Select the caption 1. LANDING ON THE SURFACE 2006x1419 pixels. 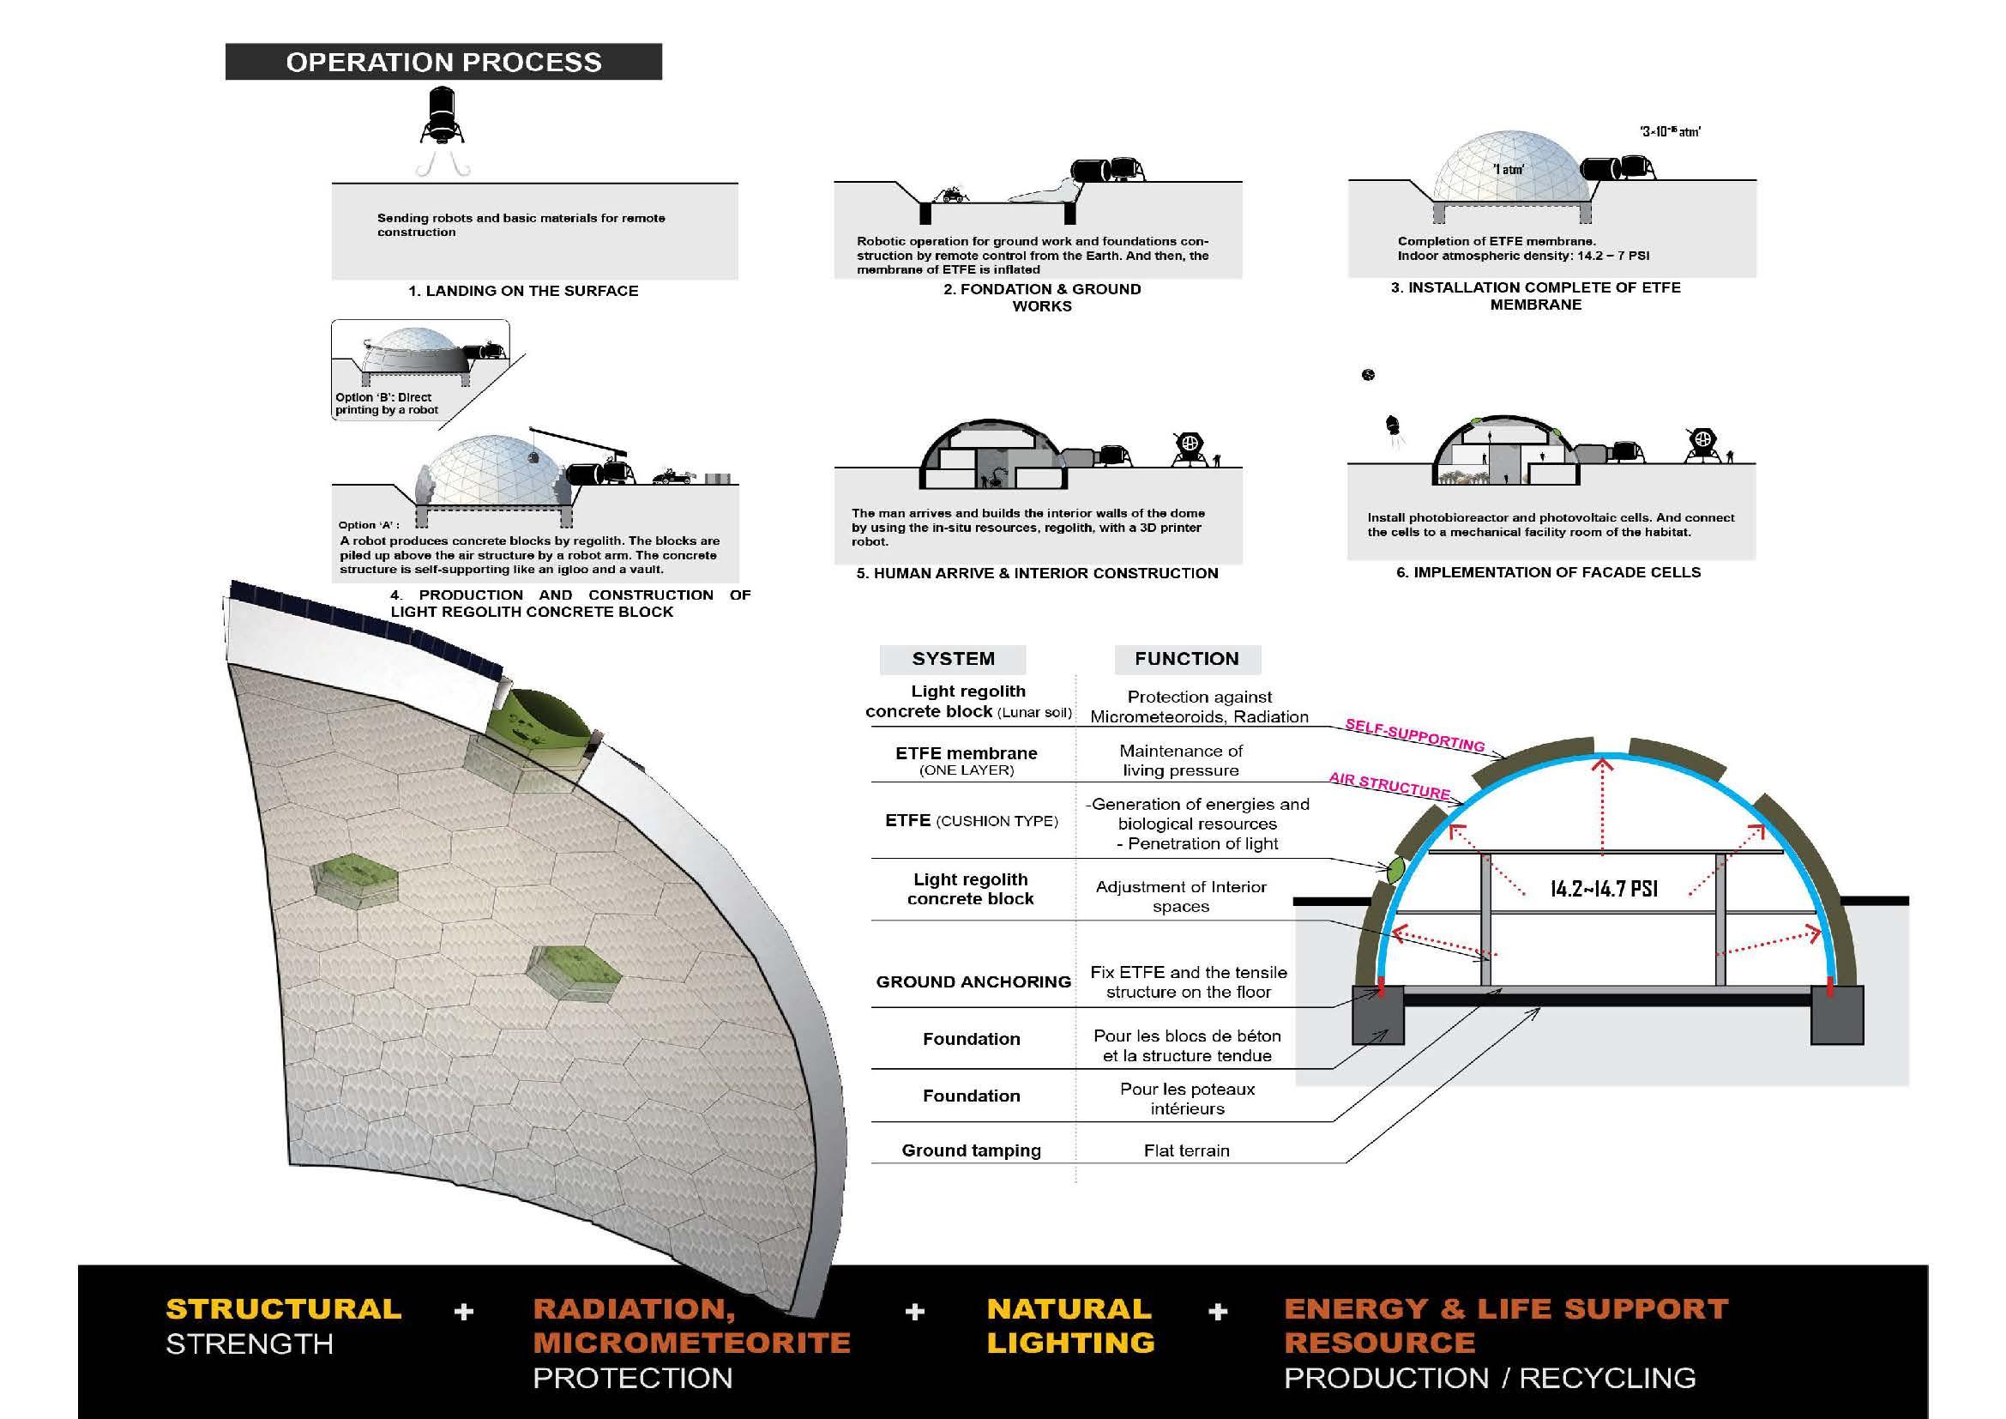tap(523, 291)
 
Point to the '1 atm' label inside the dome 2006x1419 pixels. tap(1508, 170)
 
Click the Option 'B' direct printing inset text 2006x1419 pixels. tap(386, 404)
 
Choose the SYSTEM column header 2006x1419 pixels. tap(952, 659)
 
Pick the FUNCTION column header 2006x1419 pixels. tap(1186, 659)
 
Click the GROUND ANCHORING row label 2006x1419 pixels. tap(973, 981)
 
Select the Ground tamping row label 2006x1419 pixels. tap(971, 1150)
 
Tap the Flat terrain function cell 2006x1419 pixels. tap(1186, 1150)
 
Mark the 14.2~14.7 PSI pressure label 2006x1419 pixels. tap(1603, 889)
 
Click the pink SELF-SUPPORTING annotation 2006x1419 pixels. tap(1414, 735)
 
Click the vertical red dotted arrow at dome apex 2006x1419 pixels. tap(1602, 804)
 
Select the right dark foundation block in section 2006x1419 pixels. tap(1837, 1015)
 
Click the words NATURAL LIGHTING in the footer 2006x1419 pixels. tap(1070, 1325)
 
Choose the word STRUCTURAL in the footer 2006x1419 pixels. tap(284, 1309)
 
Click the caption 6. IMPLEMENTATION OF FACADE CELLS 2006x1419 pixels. tap(1548, 572)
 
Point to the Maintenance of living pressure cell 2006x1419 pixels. tap(1180, 760)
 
